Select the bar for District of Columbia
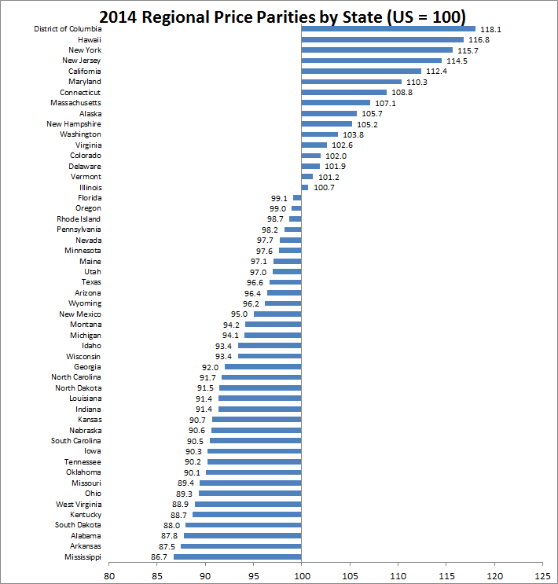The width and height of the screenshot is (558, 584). [388, 29]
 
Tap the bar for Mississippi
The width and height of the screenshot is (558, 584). [237, 556]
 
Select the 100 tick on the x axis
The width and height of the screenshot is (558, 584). [302, 574]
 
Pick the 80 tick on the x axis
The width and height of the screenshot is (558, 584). [108, 574]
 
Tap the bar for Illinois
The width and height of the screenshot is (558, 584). [305, 187]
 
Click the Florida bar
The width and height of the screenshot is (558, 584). [297, 198]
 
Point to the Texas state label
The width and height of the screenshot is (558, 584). [90, 282]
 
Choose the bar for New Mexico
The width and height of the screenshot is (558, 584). [277, 314]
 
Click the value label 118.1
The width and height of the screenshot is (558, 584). [490, 29]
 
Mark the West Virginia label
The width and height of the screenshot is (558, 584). [78, 504]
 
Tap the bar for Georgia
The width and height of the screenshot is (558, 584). [263, 366]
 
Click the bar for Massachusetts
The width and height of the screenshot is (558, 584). [336, 103]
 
